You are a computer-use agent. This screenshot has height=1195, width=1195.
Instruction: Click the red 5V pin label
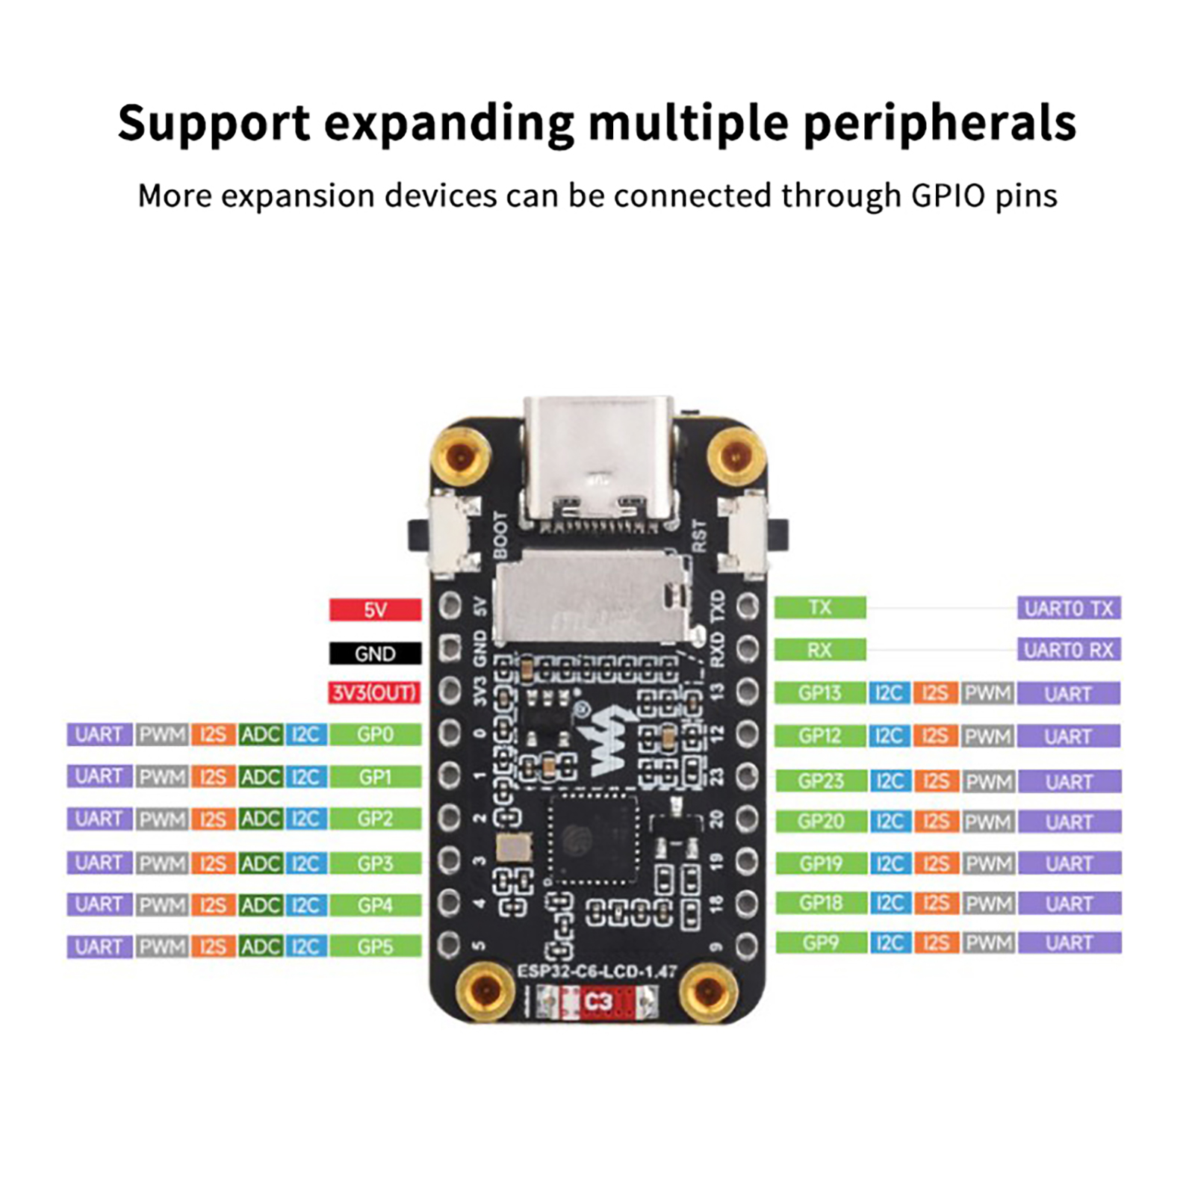click(x=375, y=609)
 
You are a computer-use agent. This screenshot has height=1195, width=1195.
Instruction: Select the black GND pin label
click(x=375, y=654)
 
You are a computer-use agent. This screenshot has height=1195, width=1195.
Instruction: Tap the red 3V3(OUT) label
click(x=374, y=693)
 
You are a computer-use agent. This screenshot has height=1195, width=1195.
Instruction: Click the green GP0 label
click(x=375, y=735)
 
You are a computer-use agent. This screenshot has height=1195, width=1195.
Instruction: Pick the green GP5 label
click(x=375, y=947)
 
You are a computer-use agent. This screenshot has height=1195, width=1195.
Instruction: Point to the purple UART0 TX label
click(x=1069, y=608)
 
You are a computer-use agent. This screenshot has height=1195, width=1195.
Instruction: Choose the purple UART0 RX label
click(x=1069, y=650)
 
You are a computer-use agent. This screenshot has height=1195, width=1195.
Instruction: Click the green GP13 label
click(x=820, y=693)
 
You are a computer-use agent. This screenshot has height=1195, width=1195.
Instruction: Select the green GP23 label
click(x=820, y=781)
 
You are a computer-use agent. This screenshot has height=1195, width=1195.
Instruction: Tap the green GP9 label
click(x=820, y=943)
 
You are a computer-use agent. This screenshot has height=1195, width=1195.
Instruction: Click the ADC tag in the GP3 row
click(x=260, y=863)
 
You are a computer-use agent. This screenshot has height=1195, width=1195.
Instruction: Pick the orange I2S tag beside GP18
click(x=935, y=904)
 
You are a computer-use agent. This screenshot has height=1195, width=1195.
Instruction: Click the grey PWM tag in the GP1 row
click(x=162, y=777)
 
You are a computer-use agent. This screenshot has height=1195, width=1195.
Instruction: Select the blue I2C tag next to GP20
click(x=889, y=822)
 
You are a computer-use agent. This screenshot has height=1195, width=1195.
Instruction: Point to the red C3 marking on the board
click(x=597, y=1001)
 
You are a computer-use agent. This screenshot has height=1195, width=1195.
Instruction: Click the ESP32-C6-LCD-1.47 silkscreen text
click(x=597, y=972)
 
